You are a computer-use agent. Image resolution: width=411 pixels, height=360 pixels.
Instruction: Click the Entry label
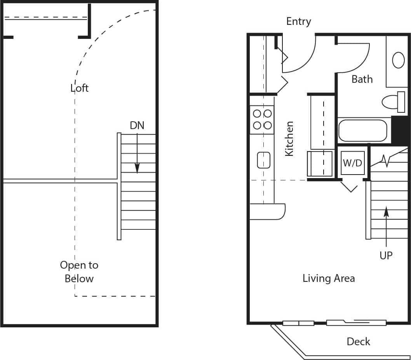[x=298, y=21]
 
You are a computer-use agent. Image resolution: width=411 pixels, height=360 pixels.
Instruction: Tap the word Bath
[x=362, y=79]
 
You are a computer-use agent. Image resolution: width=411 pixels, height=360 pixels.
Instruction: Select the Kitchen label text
[x=289, y=139]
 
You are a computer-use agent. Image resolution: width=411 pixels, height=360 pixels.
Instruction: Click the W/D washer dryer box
[x=353, y=163]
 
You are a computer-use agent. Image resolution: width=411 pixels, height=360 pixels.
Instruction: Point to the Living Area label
[x=328, y=278]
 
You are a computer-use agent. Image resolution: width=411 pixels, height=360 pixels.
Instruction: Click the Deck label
[x=358, y=342]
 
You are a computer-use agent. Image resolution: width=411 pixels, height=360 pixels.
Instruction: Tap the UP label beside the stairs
[x=386, y=255]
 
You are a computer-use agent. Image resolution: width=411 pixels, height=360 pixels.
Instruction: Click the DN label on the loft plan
[x=137, y=126]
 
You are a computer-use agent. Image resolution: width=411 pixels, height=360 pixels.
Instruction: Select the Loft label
[x=80, y=88]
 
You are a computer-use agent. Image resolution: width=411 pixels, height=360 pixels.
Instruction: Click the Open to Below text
[x=79, y=272]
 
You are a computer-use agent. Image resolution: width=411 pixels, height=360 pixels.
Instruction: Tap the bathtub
[x=362, y=131]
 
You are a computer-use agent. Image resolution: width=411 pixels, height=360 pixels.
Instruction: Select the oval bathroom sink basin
[x=398, y=60]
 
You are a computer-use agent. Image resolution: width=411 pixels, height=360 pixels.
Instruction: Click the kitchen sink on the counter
[x=263, y=160]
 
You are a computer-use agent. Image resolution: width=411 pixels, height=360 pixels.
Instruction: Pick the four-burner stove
[x=262, y=120]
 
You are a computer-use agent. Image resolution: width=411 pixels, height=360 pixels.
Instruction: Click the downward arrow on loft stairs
[x=137, y=156]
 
